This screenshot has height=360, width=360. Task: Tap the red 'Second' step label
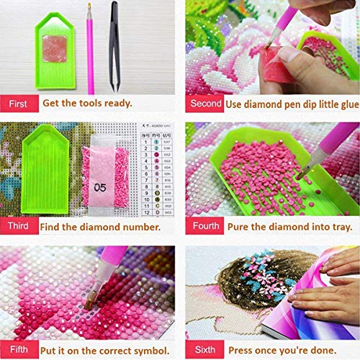[206, 103]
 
